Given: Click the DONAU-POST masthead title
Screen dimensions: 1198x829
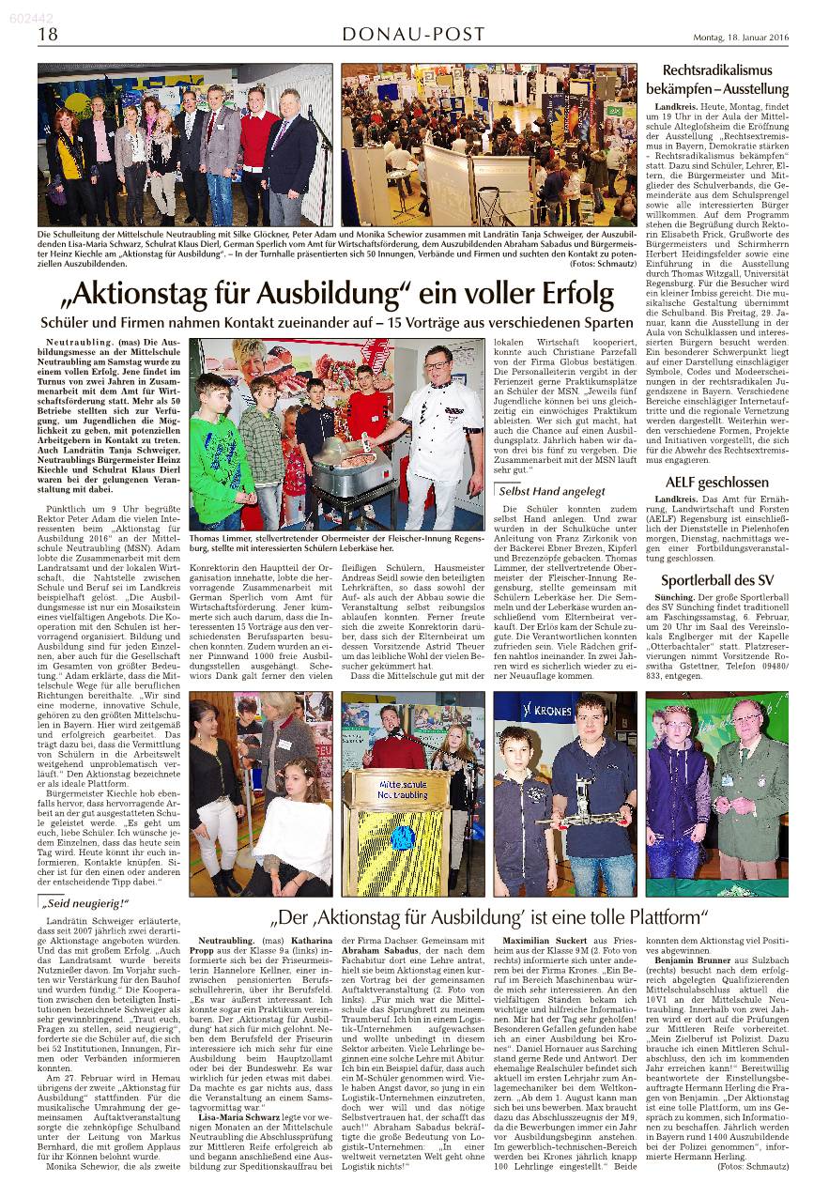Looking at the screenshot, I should pos(413,35).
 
